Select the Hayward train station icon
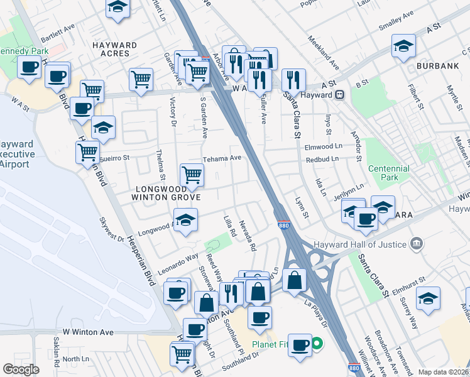tap(340, 95)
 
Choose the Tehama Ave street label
tap(221, 158)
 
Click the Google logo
tap(21, 369)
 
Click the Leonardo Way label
tap(178, 260)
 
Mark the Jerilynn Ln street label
tap(349, 191)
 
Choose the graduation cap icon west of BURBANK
tap(403, 45)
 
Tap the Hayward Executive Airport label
tap(15, 154)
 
